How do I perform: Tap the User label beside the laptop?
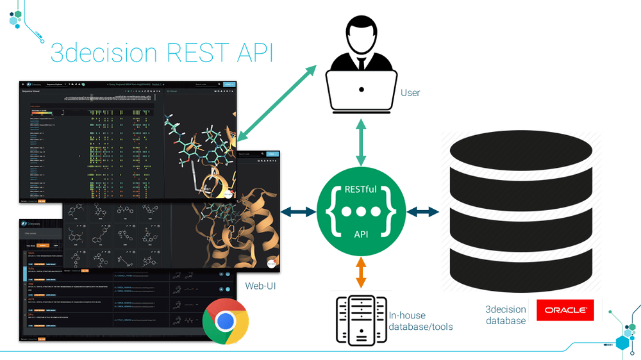(410, 93)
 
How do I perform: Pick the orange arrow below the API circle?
(361, 272)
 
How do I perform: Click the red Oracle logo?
(565, 310)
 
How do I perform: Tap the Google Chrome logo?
(224, 321)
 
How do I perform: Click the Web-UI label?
(261, 285)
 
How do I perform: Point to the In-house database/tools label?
(420, 321)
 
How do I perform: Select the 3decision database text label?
(506, 315)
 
